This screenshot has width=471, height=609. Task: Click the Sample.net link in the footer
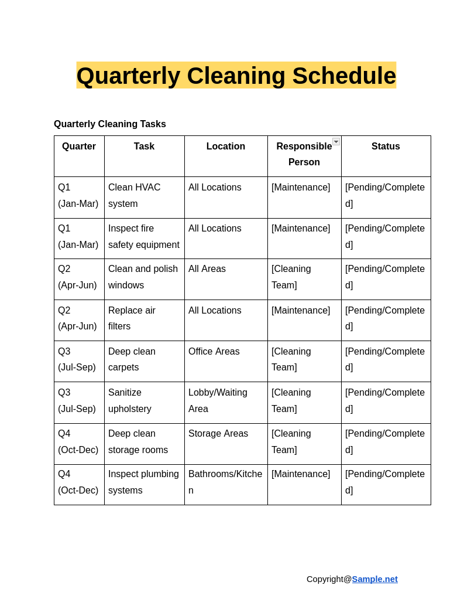pos(374,579)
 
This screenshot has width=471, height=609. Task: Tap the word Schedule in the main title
pos(344,76)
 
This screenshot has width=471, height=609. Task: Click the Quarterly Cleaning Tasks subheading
pos(110,124)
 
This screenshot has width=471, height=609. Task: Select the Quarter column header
pos(79,147)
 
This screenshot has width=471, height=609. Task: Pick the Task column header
pos(144,147)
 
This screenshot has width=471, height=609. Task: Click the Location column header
pos(226,147)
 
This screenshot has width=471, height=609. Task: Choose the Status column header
pos(386,147)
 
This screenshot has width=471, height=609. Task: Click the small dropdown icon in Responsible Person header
pos(336,142)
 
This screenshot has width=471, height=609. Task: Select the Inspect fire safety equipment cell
pos(144,237)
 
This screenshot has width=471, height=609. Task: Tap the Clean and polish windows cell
pos(143,277)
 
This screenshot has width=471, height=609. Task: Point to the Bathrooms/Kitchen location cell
pos(225,482)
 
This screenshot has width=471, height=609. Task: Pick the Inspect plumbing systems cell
pos(144,482)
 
